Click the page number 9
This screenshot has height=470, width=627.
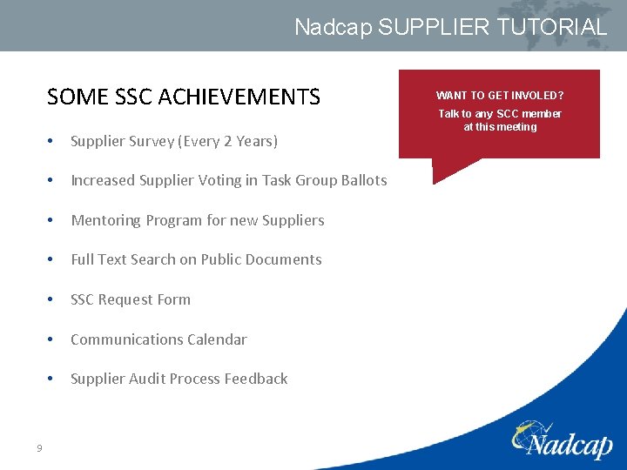[x=39, y=448]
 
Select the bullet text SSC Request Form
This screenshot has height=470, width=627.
[x=131, y=299]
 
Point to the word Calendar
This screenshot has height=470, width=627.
[x=217, y=339]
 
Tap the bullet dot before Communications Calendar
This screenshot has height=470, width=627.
[x=54, y=339]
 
